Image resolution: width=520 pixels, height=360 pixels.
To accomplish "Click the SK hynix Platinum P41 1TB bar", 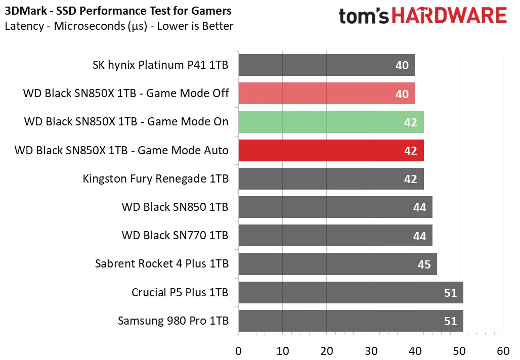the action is tap(327, 65).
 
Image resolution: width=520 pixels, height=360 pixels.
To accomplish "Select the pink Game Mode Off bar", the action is tap(327, 94).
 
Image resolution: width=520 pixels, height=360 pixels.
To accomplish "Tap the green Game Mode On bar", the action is tap(331, 122).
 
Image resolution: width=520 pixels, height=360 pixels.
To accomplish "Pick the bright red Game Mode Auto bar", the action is tap(331, 151).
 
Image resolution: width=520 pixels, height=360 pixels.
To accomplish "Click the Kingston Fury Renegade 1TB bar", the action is tap(331, 178).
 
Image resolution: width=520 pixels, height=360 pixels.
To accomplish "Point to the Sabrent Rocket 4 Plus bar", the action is tap(337, 264).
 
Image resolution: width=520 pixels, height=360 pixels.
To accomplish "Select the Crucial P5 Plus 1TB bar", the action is tap(351, 292).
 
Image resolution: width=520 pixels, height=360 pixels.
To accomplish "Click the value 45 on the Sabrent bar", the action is tap(424, 264).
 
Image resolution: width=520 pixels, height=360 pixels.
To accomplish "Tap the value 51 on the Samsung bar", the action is tap(450, 321).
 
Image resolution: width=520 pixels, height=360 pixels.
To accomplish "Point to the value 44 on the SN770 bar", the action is tap(419, 236).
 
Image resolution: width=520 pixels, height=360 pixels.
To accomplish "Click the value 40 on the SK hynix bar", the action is tap(402, 65).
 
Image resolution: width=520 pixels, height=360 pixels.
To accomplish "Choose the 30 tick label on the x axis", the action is tap(371, 351).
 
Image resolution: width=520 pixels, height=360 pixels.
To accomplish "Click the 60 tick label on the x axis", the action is tap(503, 351).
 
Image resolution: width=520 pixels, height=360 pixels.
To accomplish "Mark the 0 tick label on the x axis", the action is tap(238, 351).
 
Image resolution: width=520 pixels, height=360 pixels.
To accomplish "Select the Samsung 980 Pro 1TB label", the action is tap(173, 321).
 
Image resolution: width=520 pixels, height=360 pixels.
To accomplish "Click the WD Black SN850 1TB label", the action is tap(175, 207).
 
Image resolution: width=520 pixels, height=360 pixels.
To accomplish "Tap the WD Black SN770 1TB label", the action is tap(175, 235).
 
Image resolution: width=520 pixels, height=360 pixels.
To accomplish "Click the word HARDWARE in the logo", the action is tap(449, 16).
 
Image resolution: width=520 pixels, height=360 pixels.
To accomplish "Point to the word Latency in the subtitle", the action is tap(24, 26).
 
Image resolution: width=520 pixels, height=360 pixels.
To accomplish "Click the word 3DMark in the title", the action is tap(26, 11).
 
